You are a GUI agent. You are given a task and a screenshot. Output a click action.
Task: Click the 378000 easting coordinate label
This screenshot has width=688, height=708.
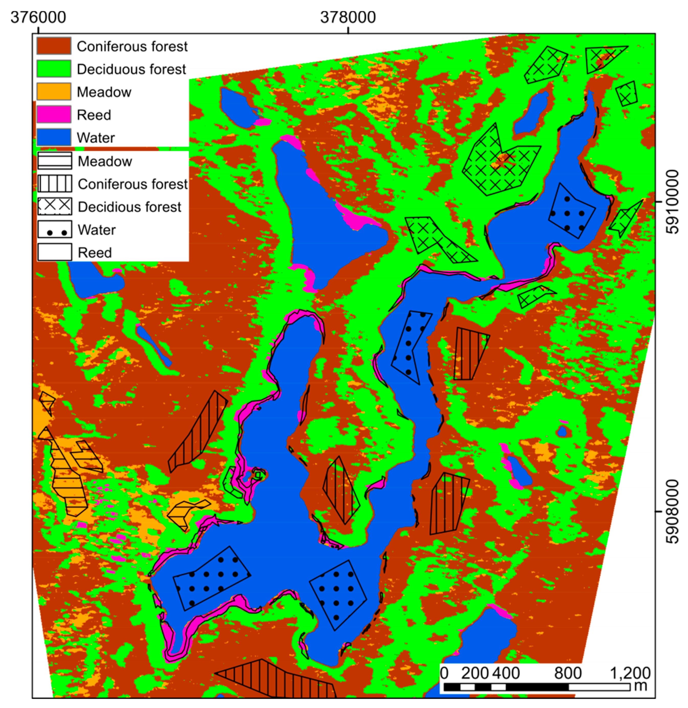(x=348, y=17)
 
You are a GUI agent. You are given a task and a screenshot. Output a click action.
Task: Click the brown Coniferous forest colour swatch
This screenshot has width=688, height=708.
(x=54, y=46)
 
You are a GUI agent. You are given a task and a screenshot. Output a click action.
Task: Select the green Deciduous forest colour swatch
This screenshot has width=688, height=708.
(x=54, y=69)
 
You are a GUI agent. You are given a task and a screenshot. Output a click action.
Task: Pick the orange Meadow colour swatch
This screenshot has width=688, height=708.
(x=54, y=92)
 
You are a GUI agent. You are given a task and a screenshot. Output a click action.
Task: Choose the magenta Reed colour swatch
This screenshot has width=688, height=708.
(x=54, y=114)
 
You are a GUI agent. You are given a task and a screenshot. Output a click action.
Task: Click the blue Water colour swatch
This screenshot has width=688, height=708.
(x=54, y=137)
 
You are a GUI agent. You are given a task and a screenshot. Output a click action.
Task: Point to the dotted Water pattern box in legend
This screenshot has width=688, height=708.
(x=55, y=230)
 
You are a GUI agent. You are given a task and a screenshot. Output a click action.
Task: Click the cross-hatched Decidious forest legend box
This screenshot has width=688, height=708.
(x=55, y=207)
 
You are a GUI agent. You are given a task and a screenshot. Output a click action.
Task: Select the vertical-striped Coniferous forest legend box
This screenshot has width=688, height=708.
(x=55, y=184)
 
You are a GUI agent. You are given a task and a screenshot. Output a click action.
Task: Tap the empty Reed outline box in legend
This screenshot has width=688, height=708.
(x=55, y=252)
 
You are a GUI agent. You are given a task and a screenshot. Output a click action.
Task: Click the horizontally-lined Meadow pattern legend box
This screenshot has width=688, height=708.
(x=55, y=161)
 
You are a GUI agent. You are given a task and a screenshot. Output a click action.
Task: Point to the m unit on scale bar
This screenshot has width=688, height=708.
(x=641, y=685)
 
